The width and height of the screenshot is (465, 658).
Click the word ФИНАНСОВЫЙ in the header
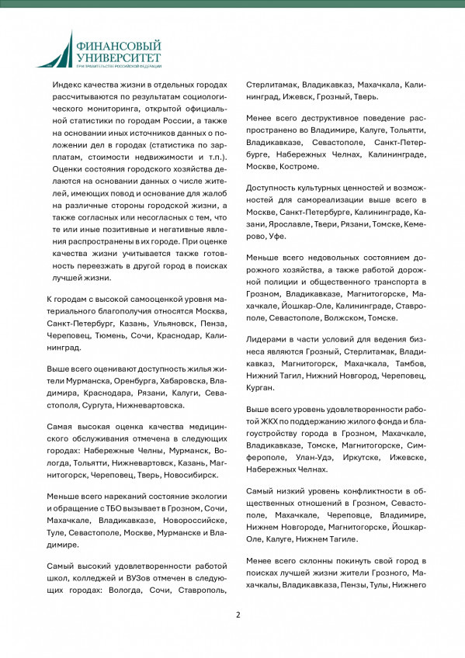point(119,46)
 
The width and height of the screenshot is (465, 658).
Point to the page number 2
point(238,615)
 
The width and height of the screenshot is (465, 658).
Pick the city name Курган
point(259,387)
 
